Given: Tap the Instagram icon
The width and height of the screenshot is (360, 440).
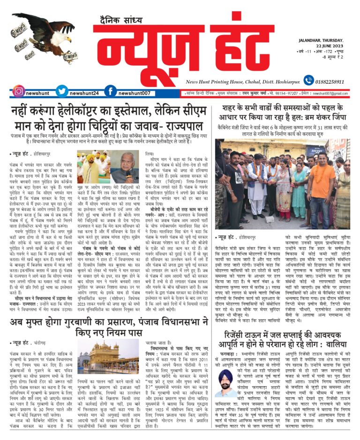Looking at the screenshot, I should click(x=18, y=92).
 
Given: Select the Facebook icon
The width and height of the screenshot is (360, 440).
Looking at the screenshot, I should click(x=110, y=92).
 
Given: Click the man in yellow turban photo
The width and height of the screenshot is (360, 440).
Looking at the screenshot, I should click(x=93, y=167).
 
